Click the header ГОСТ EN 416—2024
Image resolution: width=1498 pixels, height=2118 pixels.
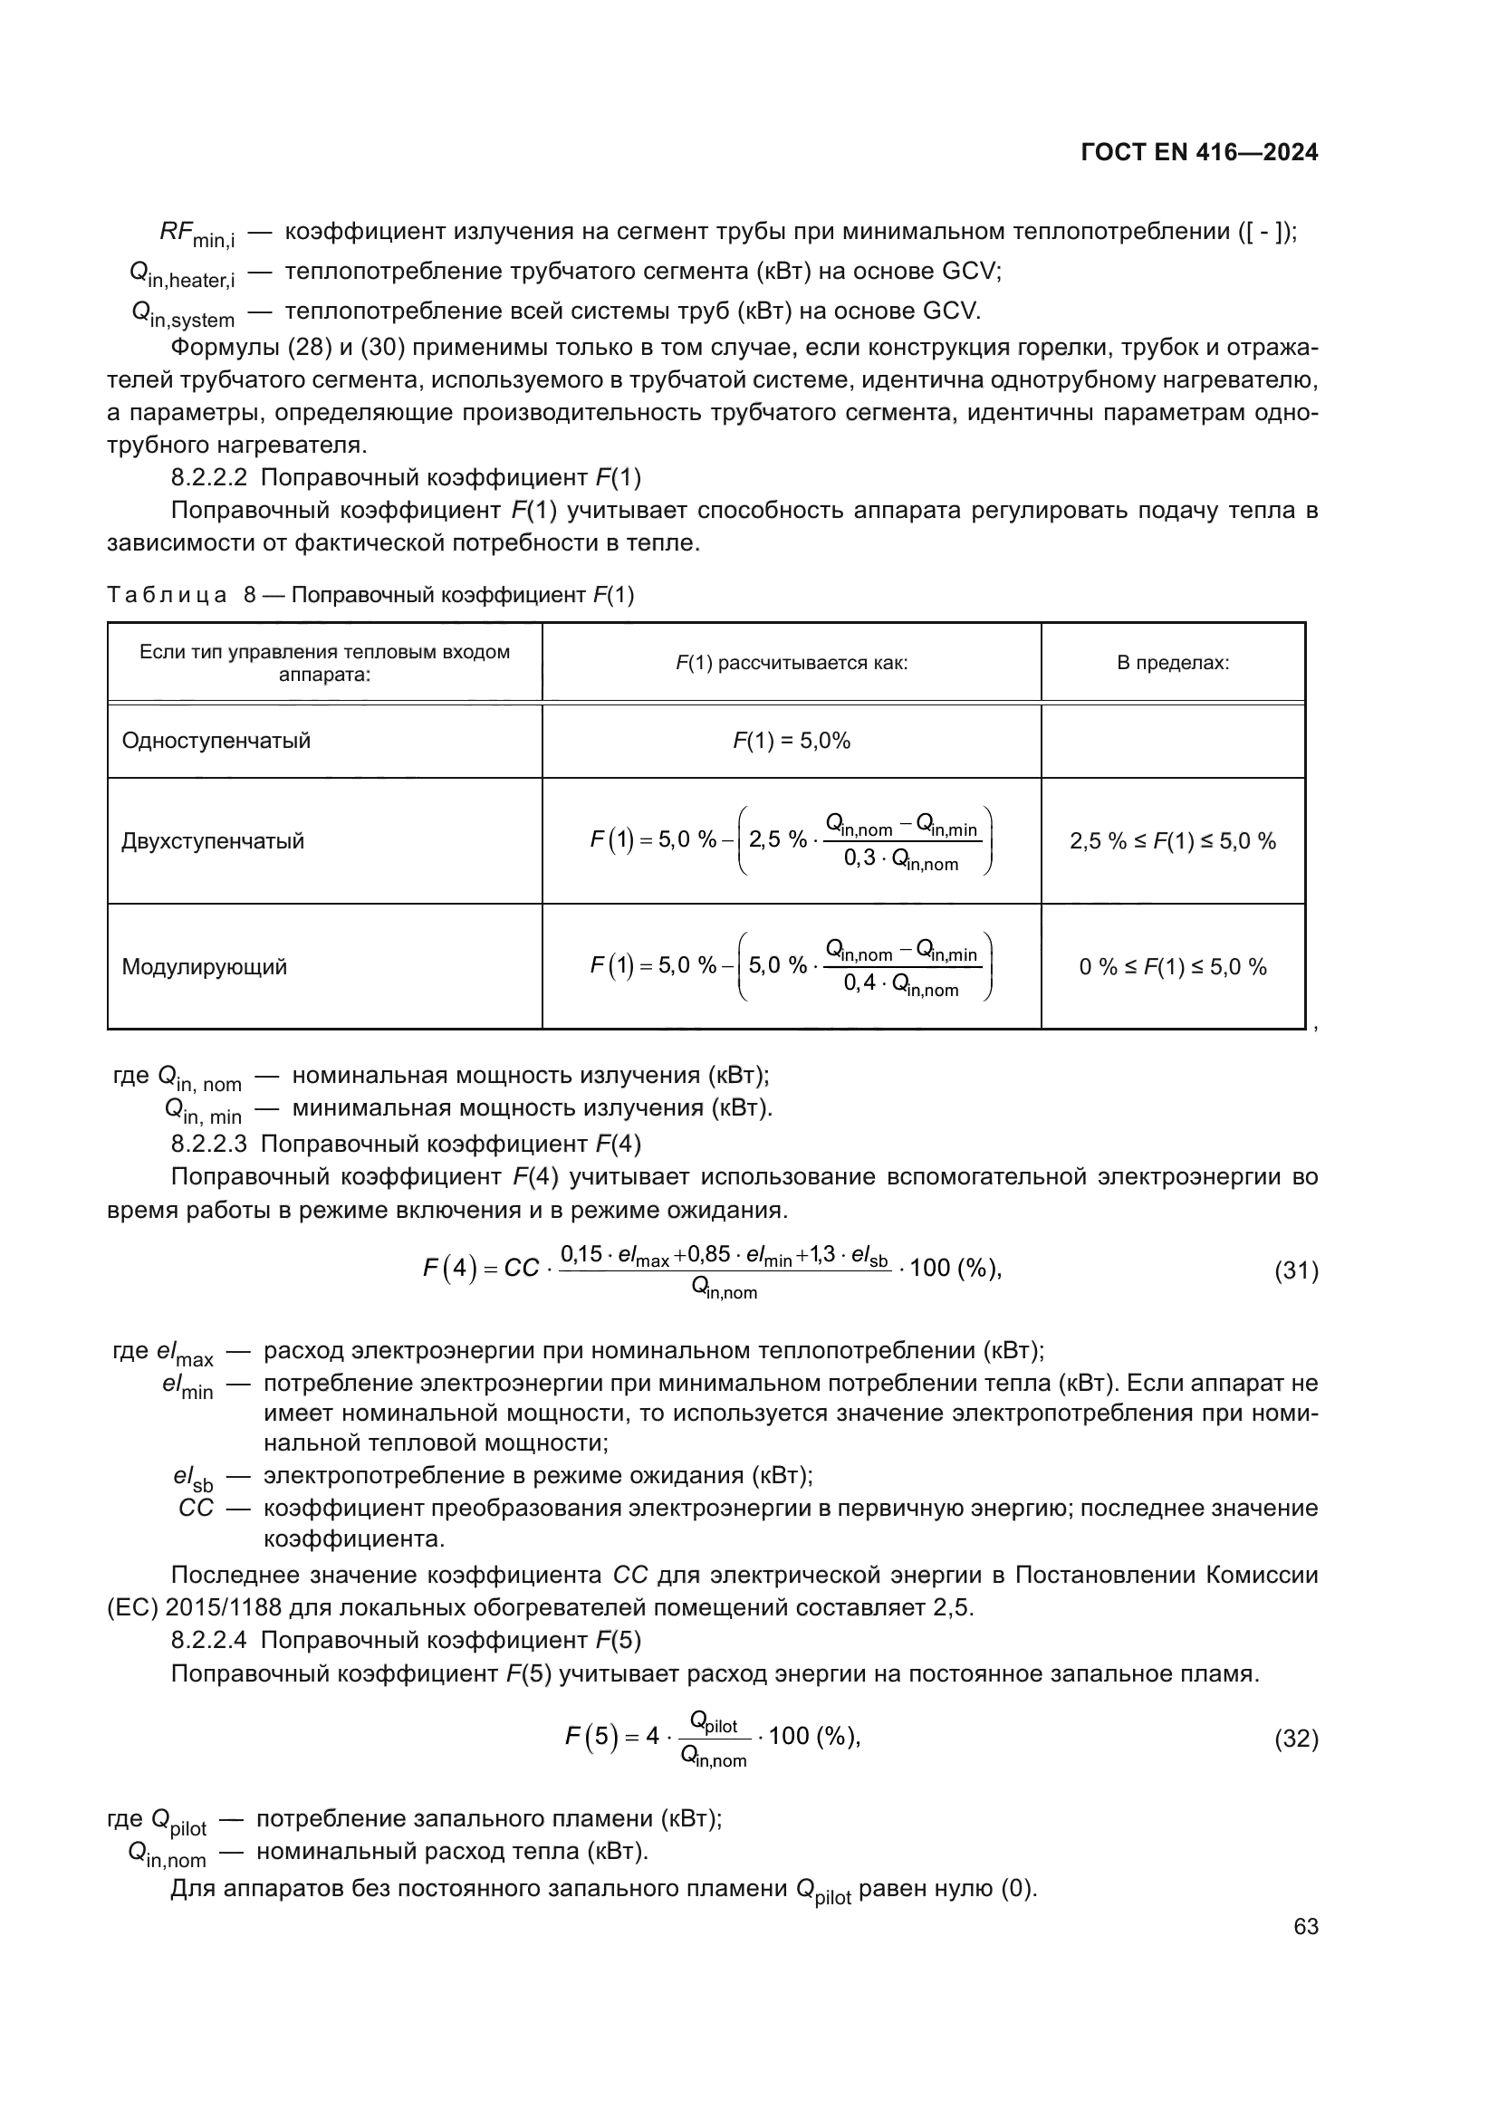1199,153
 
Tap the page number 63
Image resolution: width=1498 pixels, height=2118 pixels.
1305,1927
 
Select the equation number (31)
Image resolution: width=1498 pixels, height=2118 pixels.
1296,1271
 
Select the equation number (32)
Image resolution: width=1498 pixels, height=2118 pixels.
1296,1739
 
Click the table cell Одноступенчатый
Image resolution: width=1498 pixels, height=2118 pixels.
216,741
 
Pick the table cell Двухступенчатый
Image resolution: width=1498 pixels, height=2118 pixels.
212,841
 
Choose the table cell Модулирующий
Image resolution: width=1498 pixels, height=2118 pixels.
204,967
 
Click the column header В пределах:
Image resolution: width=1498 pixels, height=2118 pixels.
1172,663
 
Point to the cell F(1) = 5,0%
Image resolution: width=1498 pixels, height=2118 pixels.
792,741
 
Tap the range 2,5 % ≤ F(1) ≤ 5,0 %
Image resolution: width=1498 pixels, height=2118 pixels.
1172,841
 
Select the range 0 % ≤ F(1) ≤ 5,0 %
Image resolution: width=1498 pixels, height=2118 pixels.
1172,967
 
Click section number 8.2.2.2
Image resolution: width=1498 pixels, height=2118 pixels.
208,478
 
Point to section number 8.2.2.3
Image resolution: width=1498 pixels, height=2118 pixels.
208,1145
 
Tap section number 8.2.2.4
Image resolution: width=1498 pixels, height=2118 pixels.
208,1640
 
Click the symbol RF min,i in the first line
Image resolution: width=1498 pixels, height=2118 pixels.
197,235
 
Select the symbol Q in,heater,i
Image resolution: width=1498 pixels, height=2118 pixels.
182,275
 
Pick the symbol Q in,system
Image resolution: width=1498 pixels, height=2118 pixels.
183,314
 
